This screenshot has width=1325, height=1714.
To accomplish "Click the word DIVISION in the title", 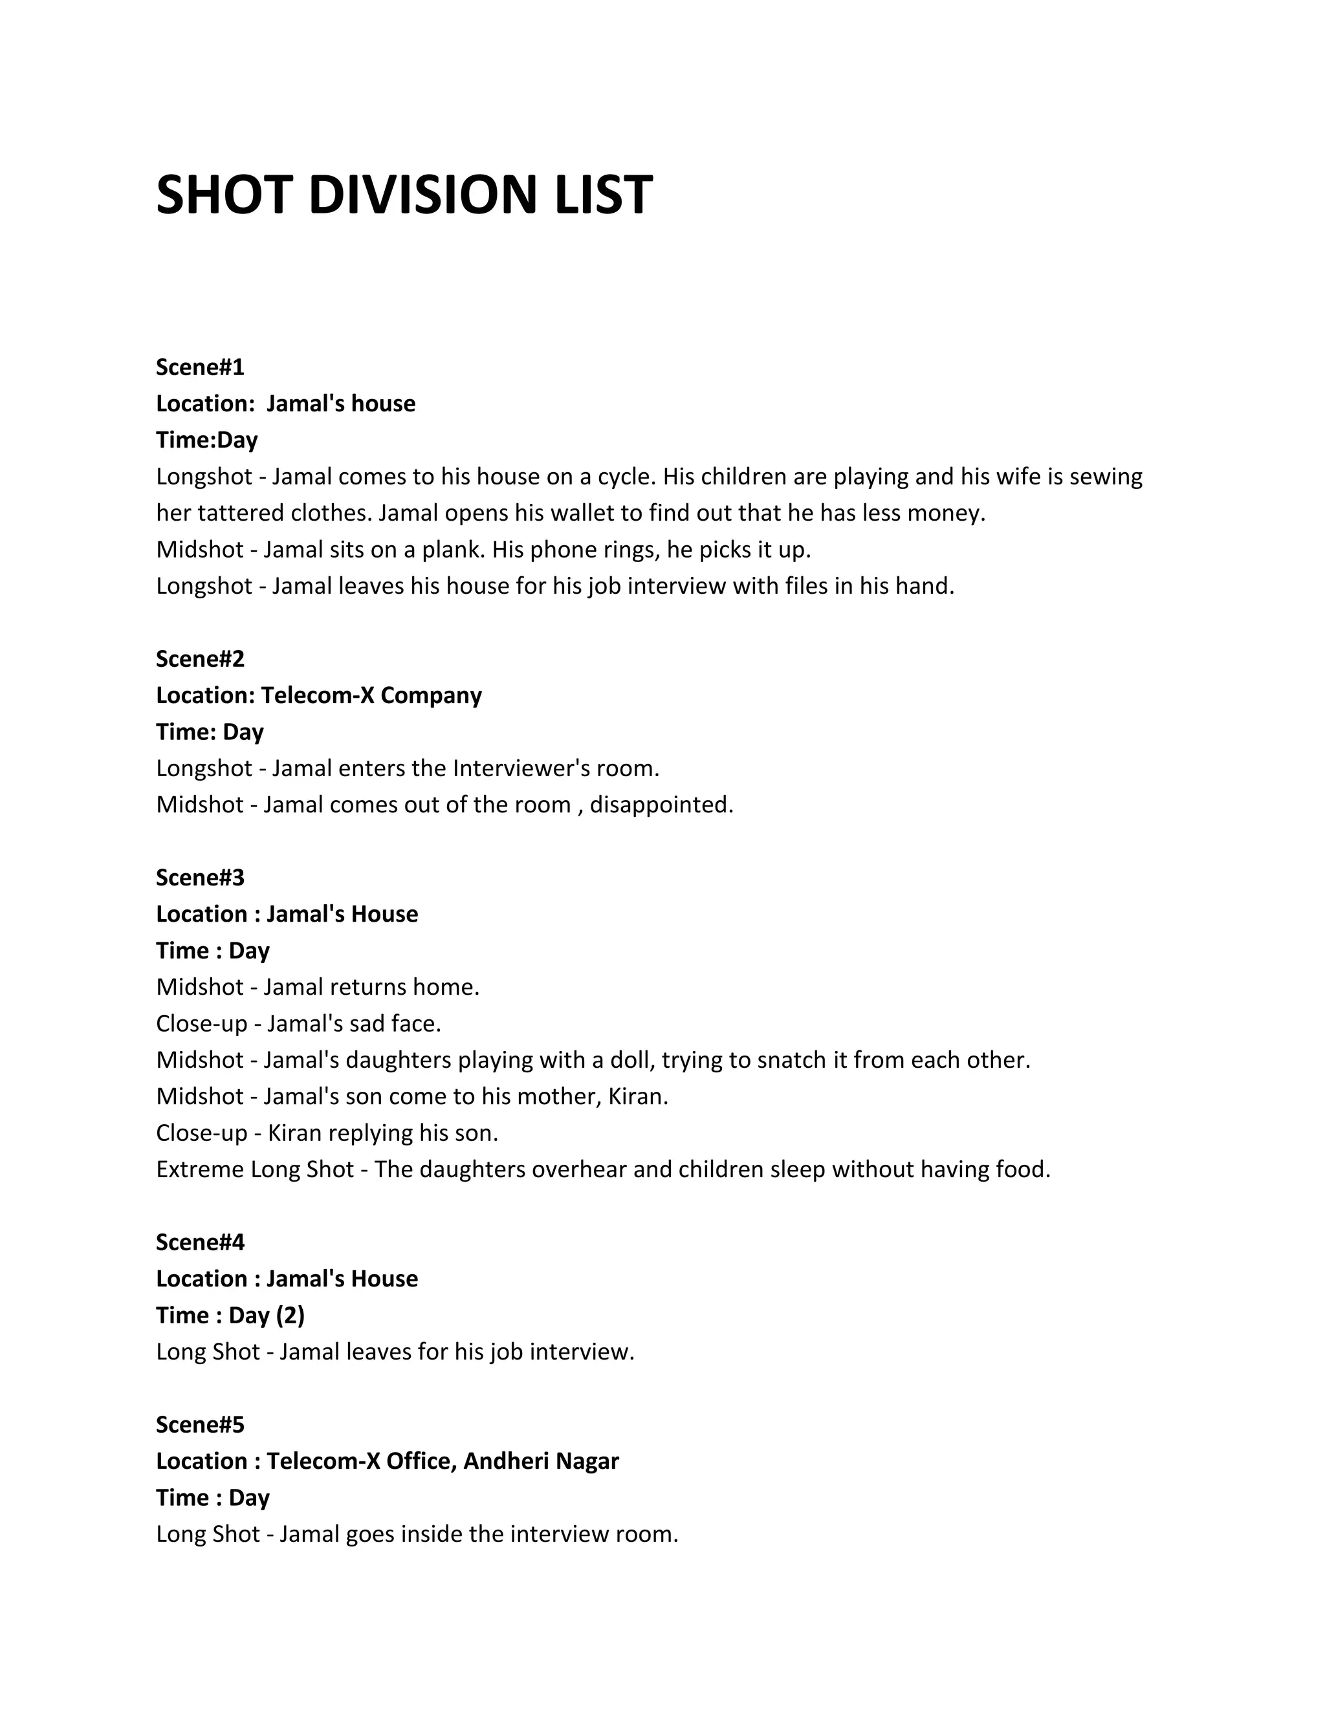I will pyautogui.click(x=430, y=195).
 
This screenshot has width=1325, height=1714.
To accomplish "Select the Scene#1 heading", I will pyautogui.click(x=200, y=367).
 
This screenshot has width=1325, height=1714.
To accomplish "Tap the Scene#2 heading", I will pyautogui.click(x=200, y=658).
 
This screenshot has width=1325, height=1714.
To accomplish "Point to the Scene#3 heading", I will pyautogui.click(x=200, y=878).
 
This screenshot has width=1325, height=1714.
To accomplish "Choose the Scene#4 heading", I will pyautogui.click(x=200, y=1242).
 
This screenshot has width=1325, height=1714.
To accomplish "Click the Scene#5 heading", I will pyautogui.click(x=200, y=1424).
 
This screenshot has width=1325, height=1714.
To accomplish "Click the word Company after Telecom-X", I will pyautogui.click(x=431, y=695).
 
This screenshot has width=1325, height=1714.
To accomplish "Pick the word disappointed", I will pyautogui.click(x=661, y=805).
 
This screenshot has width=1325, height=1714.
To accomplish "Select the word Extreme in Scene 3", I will pyautogui.click(x=200, y=1169).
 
